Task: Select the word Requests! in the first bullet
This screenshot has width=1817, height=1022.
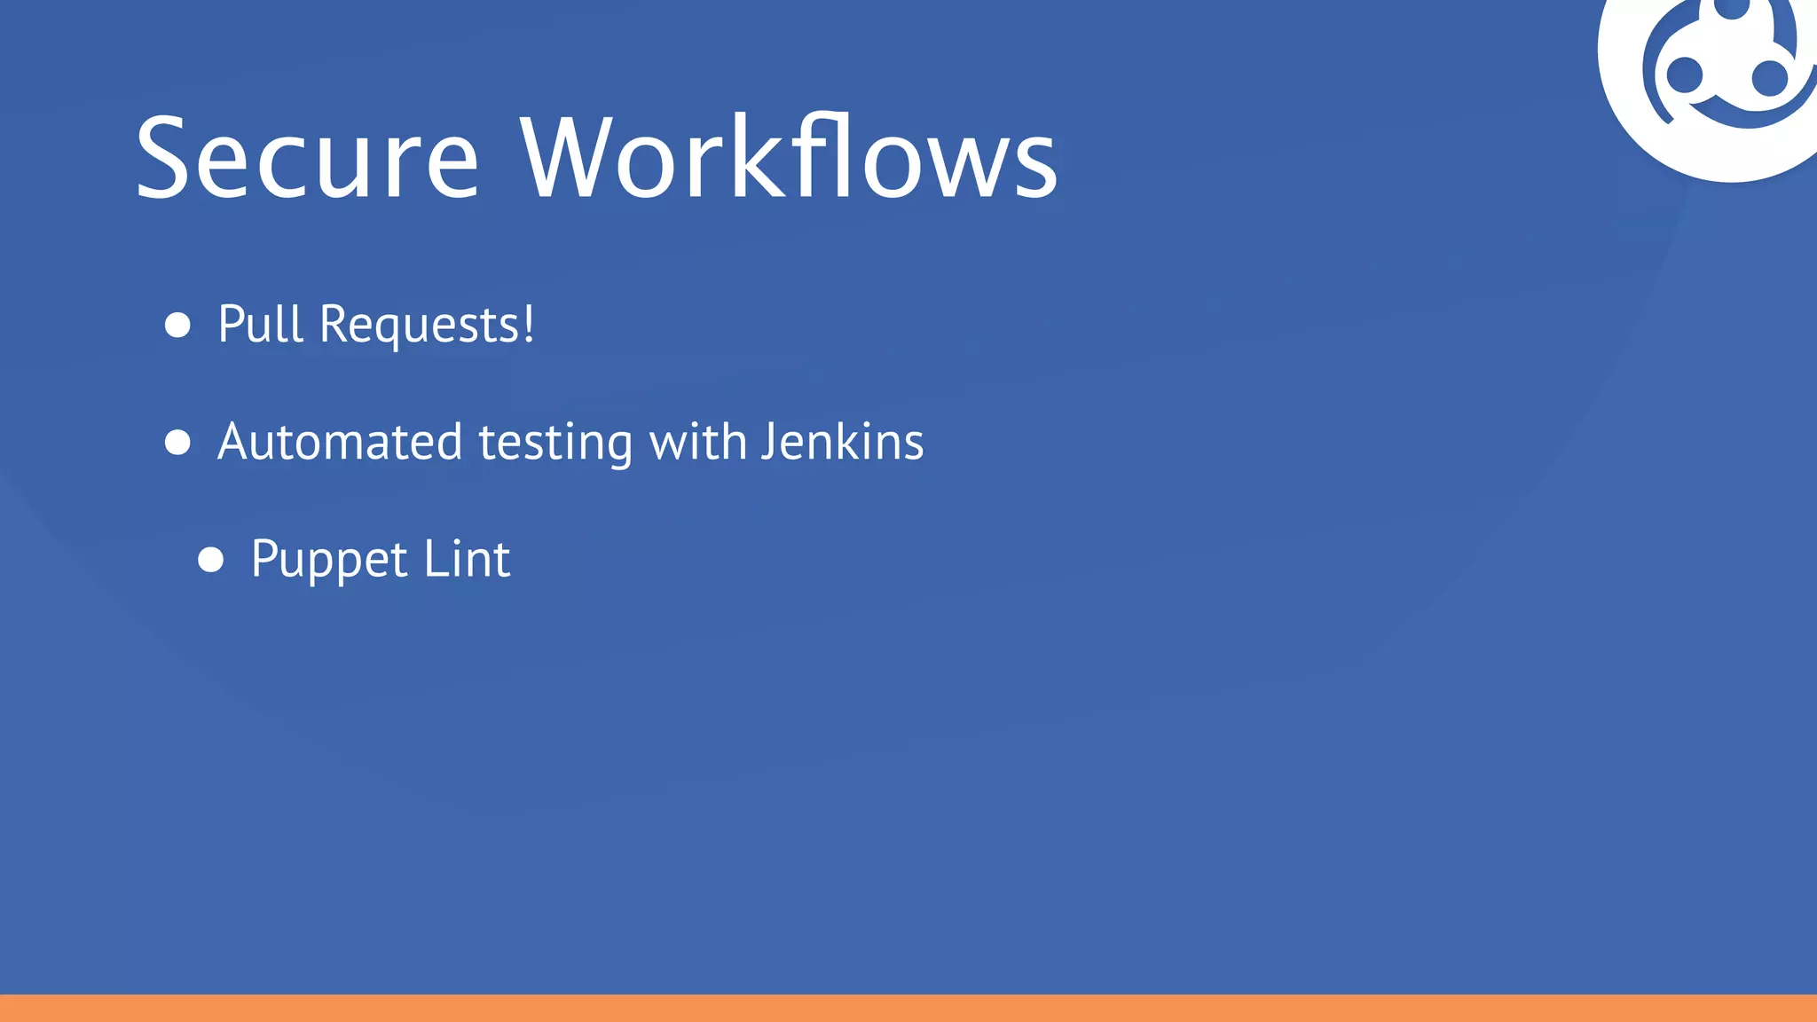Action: coord(427,325)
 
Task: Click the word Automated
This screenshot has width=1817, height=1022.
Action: coord(340,442)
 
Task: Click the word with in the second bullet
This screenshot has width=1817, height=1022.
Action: coord(698,442)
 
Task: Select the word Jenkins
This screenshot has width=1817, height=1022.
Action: coord(843,442)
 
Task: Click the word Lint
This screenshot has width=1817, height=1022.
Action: coord(467,559)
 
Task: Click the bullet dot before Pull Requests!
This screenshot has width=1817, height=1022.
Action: coord(178,325)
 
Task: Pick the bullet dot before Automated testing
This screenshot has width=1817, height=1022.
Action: coord(178,442)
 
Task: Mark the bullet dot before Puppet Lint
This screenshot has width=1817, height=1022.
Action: coord(211,560)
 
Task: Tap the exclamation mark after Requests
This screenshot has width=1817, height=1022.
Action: coord(529,323)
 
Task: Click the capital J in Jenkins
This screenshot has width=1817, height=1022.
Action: coord(768,442)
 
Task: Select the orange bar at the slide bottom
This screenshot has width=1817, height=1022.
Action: coord(908,1008)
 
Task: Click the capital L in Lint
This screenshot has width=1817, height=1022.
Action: coord(433,559)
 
